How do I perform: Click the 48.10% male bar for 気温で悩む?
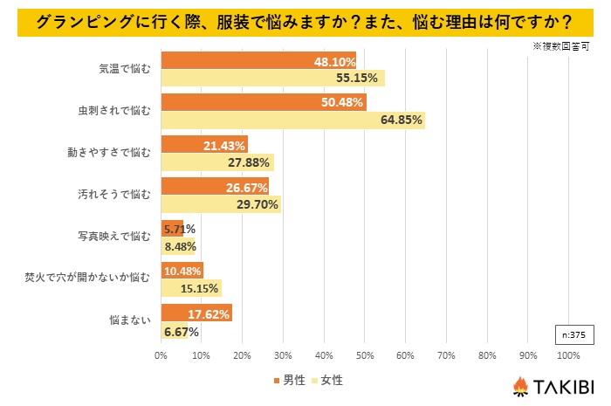point(258,61)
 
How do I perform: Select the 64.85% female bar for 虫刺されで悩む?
point(292,120)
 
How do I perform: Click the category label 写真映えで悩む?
point(115,236)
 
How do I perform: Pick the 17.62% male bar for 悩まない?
point(196,313)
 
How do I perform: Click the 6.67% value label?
point(181,332)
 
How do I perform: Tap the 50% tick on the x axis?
point(365,355)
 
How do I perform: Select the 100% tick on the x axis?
point(567,355)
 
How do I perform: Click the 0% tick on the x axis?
point(161,355)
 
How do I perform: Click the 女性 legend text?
point(332,380)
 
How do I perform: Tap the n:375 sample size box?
point(573,333)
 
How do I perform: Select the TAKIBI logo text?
point(566,384)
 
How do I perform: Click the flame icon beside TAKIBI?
point(520,384)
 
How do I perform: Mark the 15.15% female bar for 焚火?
point(191,288)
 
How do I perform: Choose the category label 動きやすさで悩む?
point(111,151)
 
